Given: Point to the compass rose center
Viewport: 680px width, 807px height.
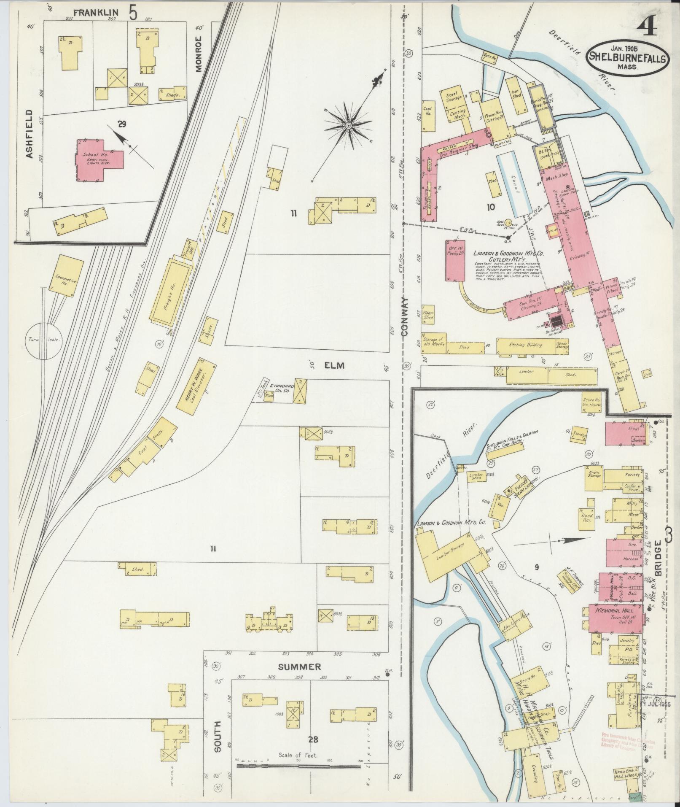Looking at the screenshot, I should tap(349, 126).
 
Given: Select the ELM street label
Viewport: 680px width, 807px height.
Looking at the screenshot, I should tap(335, 365).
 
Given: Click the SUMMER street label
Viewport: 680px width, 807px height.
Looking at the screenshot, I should tap(299, 667).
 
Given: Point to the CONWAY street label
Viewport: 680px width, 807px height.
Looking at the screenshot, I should tap(405, 316).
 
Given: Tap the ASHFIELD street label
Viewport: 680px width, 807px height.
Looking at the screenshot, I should tap(29, 134).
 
